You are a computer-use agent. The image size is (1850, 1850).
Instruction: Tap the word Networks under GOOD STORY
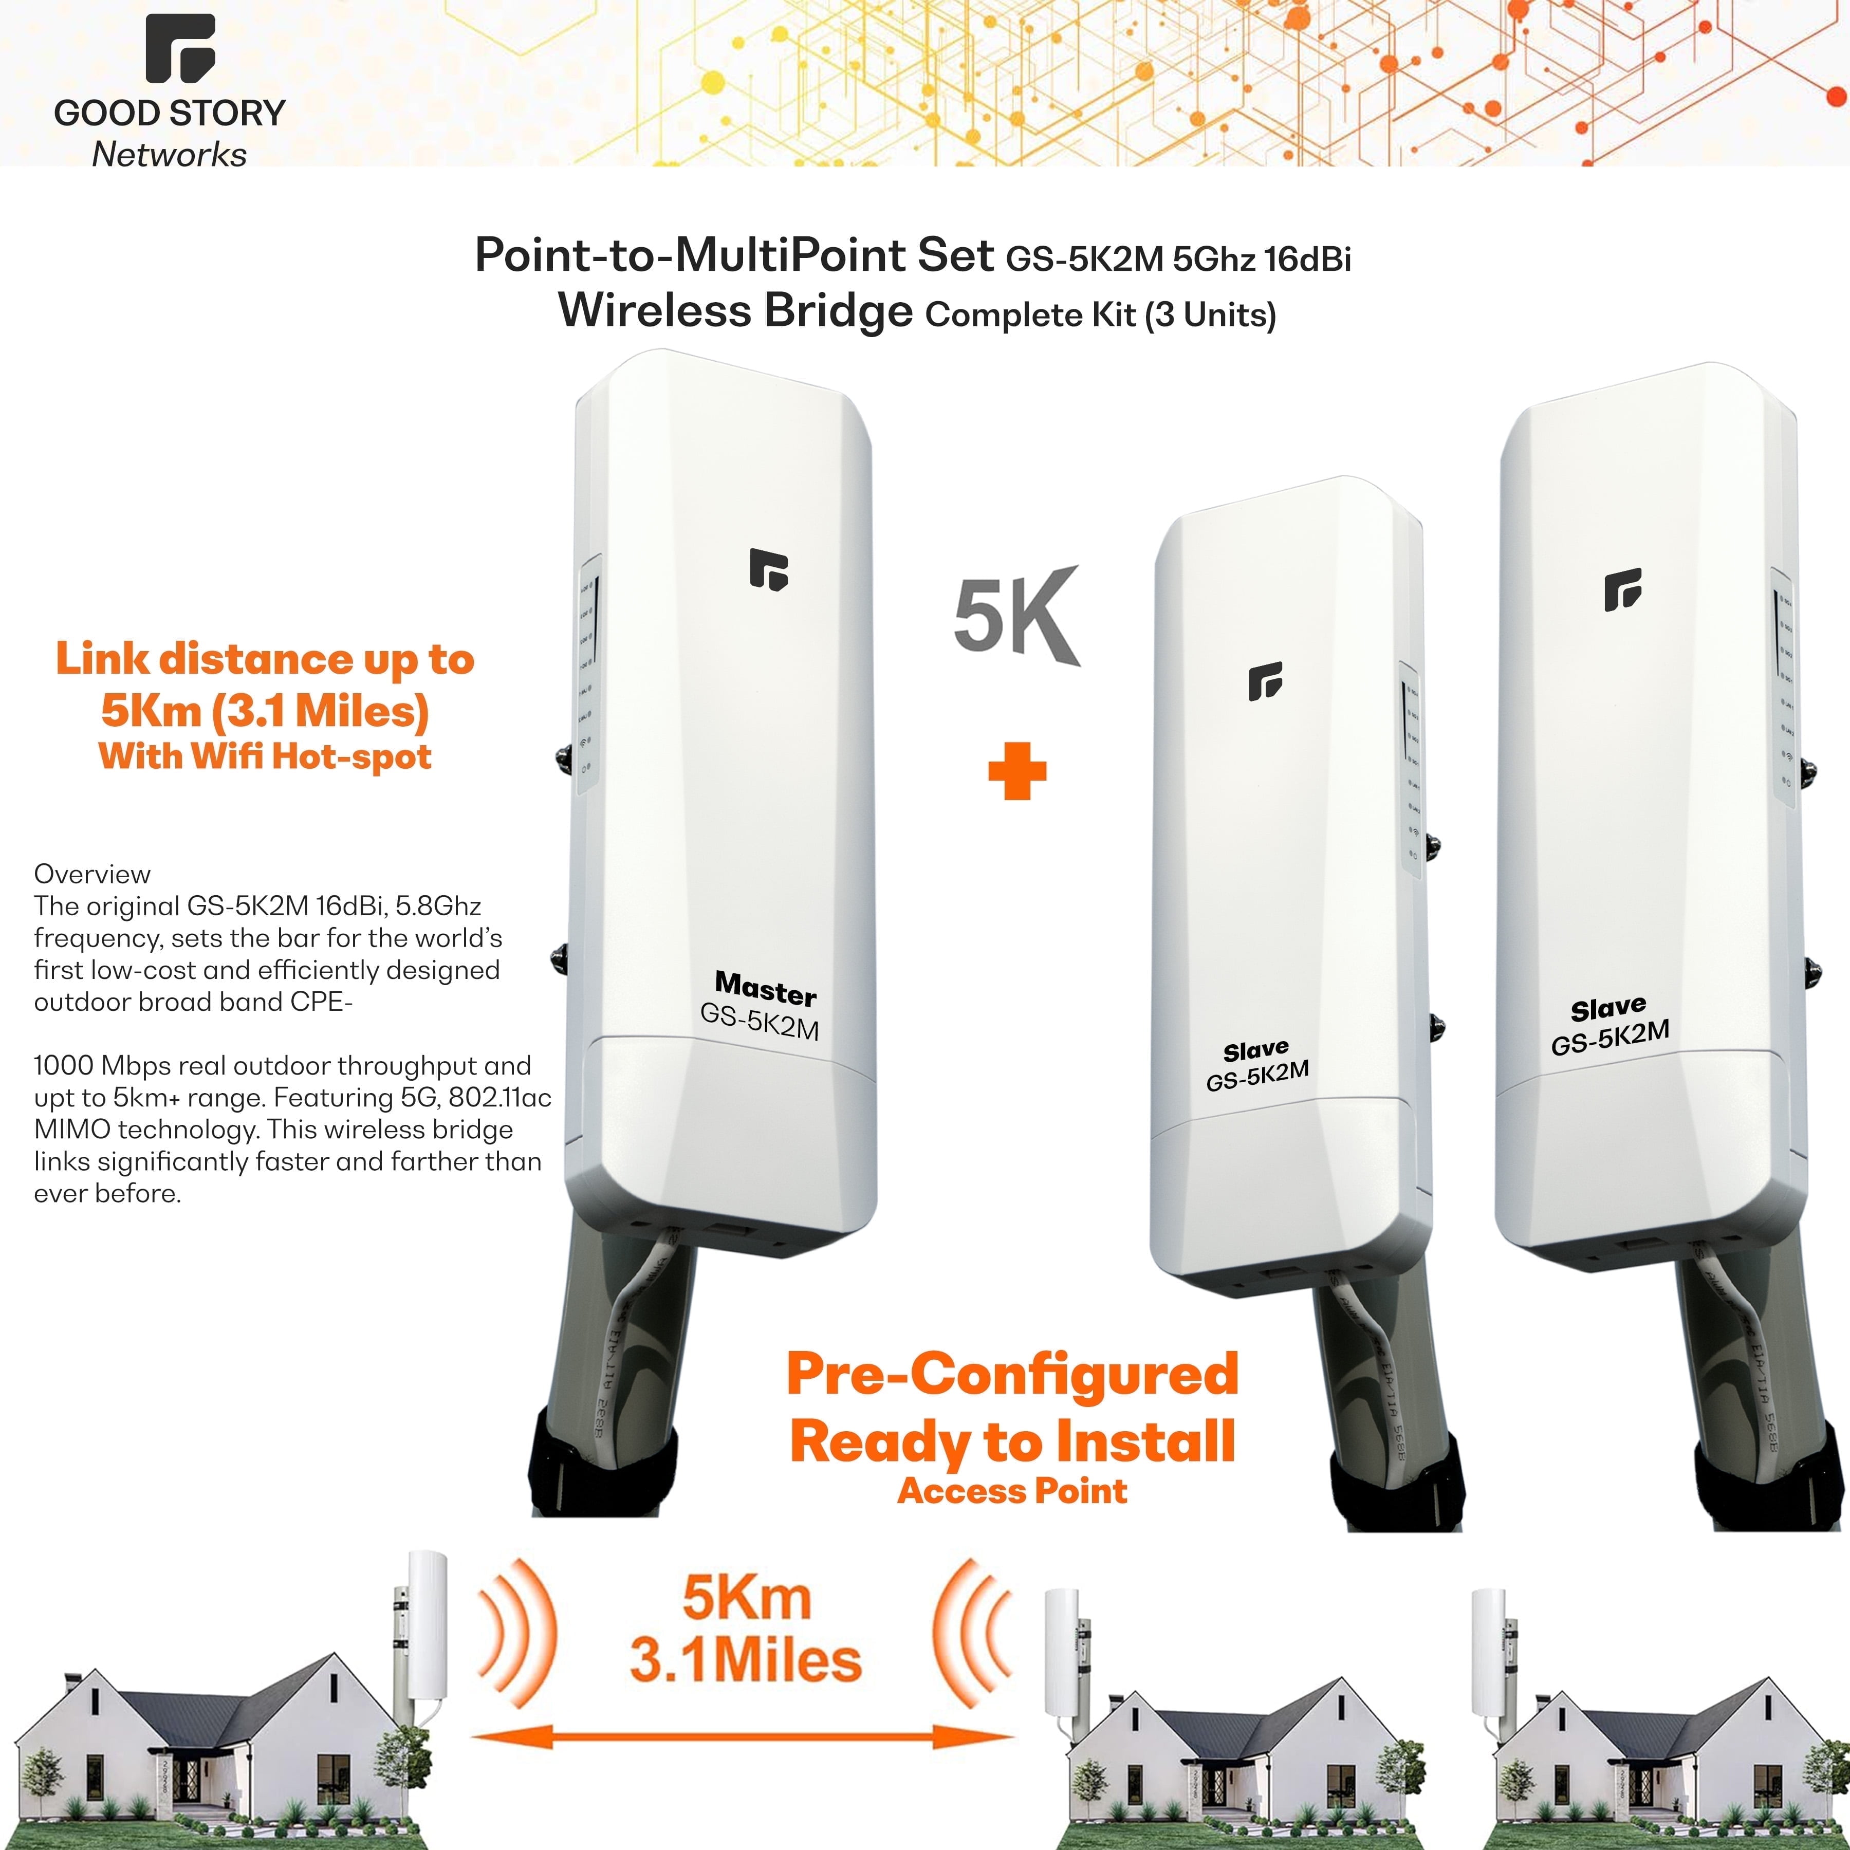tap(170, 154)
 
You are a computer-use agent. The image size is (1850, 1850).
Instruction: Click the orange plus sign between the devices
tap(1017, 773)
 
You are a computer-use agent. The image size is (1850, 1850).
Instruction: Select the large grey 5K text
tap(1015, 618)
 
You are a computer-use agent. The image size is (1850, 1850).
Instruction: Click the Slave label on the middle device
tap(1255, 1050)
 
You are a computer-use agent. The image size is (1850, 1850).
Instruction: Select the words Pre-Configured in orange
tap(1012, 1374)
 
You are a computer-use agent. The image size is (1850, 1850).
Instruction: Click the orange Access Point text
tap(1012, 1491)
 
